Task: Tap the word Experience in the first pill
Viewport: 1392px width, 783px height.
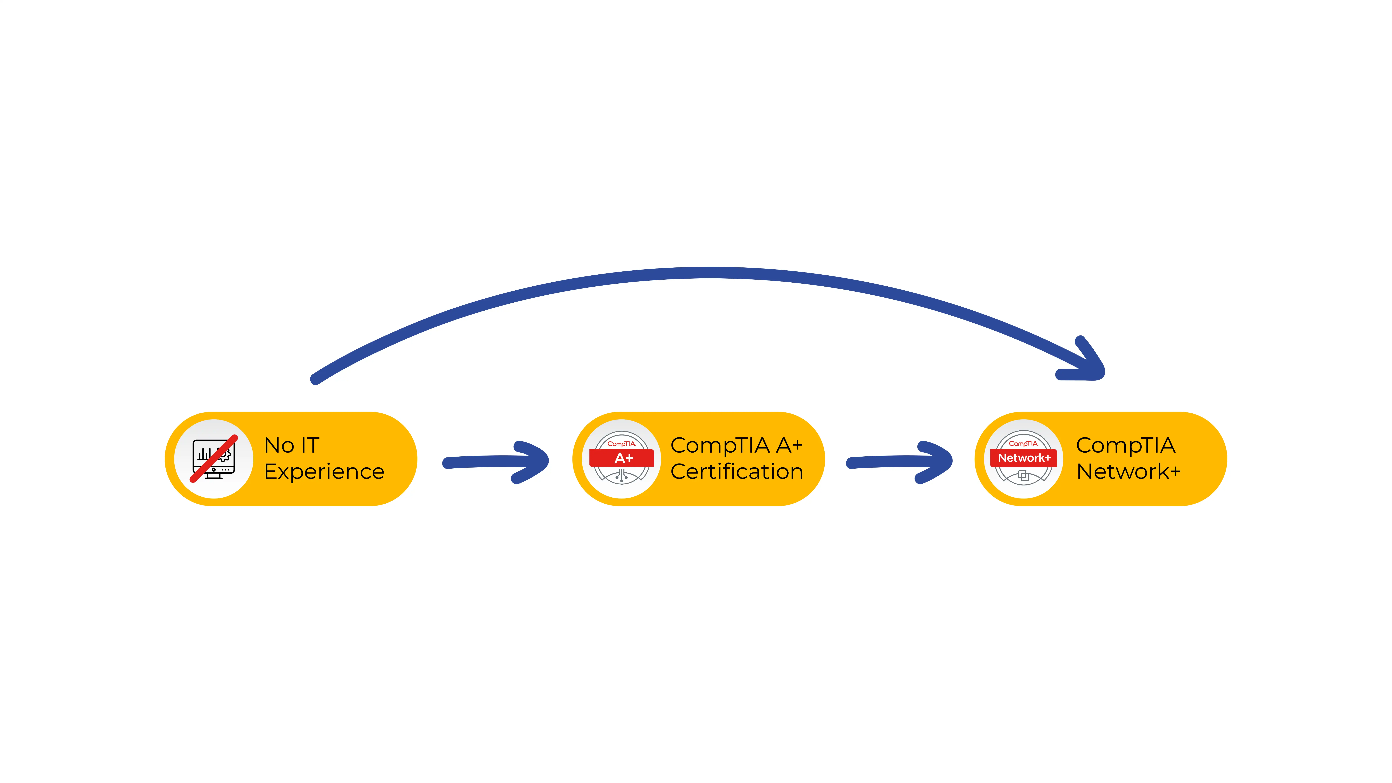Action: (x=324, y=472)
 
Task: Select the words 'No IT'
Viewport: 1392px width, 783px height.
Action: (x=292, y=445)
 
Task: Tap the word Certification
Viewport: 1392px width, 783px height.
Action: (x=737, y=472)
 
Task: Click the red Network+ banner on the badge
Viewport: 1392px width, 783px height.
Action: (x=1023, y=458)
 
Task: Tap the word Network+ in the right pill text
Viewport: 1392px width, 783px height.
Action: (x=1128, y=472)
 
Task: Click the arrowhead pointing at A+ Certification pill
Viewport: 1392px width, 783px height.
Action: (x=532, y=462)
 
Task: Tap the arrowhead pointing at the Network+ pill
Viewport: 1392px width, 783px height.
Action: (x=936, y=462)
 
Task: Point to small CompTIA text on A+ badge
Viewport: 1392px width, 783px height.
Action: (x=621, y=444)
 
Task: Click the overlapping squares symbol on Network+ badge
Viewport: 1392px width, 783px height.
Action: (x=1023, y=476)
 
